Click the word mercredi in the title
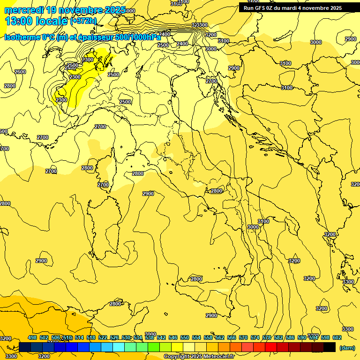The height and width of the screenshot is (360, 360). [24, 10]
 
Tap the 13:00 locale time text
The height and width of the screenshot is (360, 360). [36, 21]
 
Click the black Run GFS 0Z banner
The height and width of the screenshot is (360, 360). [293, 8]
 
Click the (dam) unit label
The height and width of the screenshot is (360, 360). [347, 348]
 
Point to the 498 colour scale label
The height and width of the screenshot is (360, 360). [32, 338]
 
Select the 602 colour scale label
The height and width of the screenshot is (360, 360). [337, 338]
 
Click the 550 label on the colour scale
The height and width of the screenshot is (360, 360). [185, 338]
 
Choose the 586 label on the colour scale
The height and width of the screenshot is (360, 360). [290, 338]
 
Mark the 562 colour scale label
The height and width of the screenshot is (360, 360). [220, 338]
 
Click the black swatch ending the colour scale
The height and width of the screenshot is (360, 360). [330, 347]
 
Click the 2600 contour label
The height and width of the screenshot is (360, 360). [20, 72]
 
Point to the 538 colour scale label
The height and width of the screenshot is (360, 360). [150, 338]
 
